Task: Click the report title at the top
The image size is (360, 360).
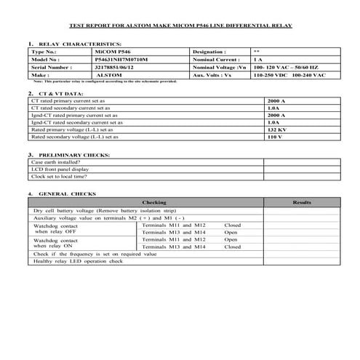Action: (x=180, y=25)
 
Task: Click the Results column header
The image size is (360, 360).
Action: (x=301, y=202)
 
